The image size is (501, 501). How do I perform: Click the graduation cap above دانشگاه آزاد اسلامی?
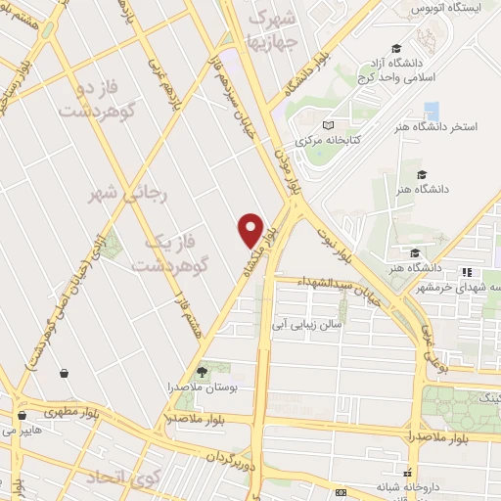(395, 48)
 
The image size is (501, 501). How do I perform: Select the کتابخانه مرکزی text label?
(330, 140)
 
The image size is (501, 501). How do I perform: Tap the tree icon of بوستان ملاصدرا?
(203, 371)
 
